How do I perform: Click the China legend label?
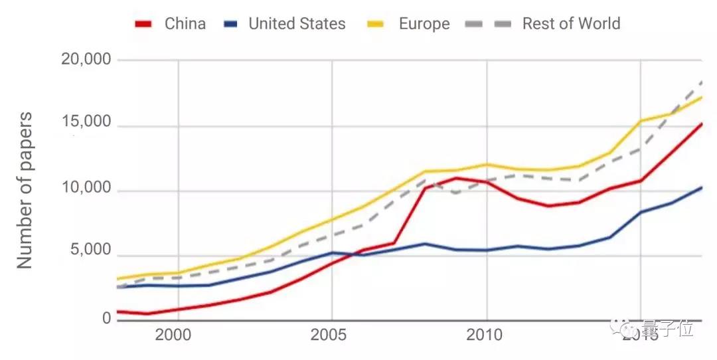click(185, 24)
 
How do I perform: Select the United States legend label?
click(297, 24)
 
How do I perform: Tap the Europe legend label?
click(424, 24)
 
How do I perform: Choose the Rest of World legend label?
click(571, 24)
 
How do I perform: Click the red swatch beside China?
click(144, 25)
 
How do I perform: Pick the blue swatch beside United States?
click(230, 25)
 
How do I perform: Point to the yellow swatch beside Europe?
click(376, 25)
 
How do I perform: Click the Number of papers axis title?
click(25, 191)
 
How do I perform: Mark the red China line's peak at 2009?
click(455, 178)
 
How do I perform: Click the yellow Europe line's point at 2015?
click(641, 121)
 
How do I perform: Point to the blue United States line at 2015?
click(641, 212)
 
